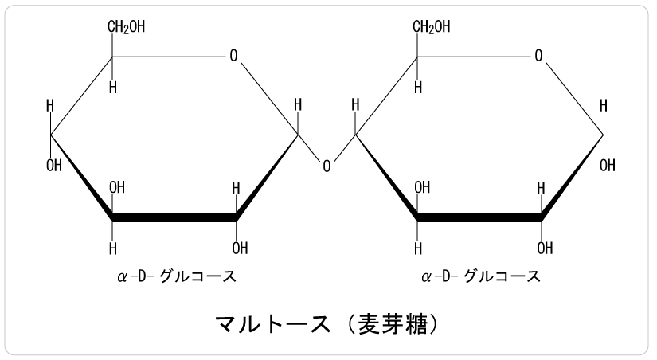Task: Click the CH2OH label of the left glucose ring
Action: [x=126, y=27]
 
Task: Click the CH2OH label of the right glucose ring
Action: [x=431, y=27]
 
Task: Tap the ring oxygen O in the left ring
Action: [x=233, y=55]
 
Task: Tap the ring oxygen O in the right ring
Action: [x=538, y=55]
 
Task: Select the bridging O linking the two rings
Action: [x=327, y=166]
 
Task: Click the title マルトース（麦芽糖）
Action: [x=327, y=324]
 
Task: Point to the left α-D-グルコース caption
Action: [x=177, y=276]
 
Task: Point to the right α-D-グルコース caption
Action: [x=481, y=276]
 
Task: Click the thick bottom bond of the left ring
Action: [x=174, y=217]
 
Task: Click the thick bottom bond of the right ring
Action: [x=479, y=217]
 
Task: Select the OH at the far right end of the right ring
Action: [x=607, y=166]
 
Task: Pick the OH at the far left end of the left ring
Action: [x=54, y=166]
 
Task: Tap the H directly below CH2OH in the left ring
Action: [x=113, y=88]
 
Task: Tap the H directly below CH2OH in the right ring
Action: [x=418, y=88]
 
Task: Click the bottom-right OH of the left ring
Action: [x=240, y=248]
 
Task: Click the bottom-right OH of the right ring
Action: [x=546, y=248]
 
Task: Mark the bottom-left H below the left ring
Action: [x=113, y=248]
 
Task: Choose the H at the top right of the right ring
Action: [x=604, y=105]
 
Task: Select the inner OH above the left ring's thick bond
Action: [x=117, y=187]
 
